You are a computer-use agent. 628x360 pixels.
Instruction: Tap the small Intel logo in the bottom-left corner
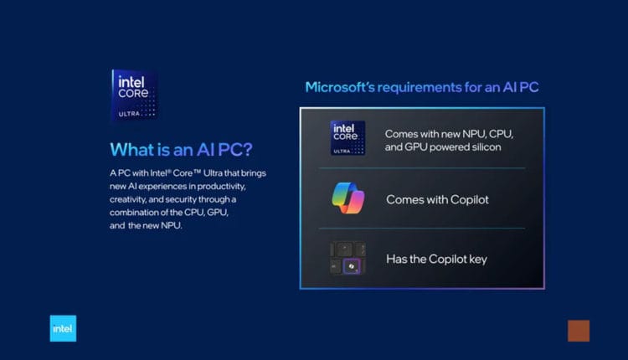point(63,328)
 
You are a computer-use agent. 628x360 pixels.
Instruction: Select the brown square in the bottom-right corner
point(579,330)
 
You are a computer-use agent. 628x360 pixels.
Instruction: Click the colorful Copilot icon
point(347,198)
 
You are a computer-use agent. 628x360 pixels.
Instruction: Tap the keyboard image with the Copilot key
point(347,259)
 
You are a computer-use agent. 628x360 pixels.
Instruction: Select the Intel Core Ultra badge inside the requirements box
point(347,138)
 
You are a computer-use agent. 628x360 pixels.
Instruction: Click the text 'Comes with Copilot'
point(436,199)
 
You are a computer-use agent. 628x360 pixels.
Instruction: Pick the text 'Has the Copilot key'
point(436,259)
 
